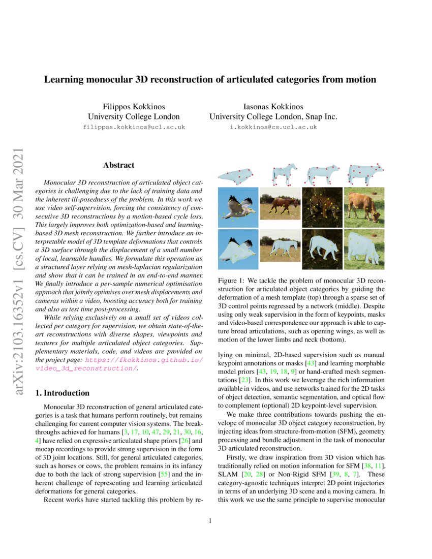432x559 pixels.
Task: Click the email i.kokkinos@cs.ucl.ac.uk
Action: pyautogui.click(x=273, y=127)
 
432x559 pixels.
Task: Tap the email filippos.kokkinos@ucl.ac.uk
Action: pyautogui.click(x=134, y=127)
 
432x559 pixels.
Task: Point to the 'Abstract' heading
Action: pyautogui.click(x=118, y=165)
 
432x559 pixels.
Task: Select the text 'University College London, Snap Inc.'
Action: pyautogui.click(x=273, y=117)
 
